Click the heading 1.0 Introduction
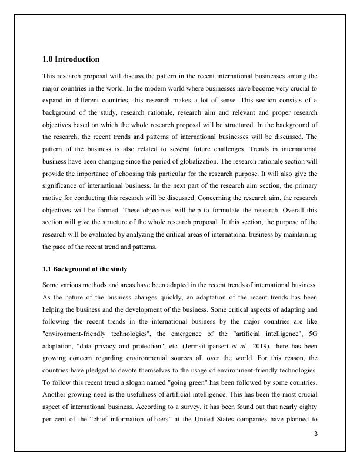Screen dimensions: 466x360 71,59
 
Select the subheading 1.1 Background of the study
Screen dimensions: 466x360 85,269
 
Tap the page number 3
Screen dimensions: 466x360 316,434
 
